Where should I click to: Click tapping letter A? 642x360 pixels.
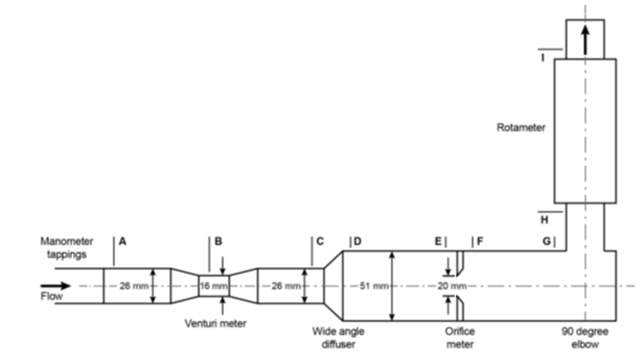coord(123,241)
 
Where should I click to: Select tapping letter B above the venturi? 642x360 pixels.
coord(218,241)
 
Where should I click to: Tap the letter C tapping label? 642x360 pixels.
coord(320,241)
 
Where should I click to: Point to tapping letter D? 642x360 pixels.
coord(358,241)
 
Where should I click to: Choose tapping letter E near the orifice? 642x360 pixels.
coord(438,241)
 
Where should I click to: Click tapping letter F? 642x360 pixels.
coord(480,241)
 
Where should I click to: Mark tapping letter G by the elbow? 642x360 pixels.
coord(547,241)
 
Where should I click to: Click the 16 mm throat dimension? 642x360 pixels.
coord(213,286)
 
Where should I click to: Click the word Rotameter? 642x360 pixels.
coord(521,127)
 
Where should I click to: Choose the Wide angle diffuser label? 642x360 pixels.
coord(338,338)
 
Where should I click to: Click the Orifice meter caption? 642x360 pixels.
coord(460,338)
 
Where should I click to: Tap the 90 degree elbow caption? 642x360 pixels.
coord(584,338)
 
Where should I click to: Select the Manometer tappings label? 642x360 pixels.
coord(67,247)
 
